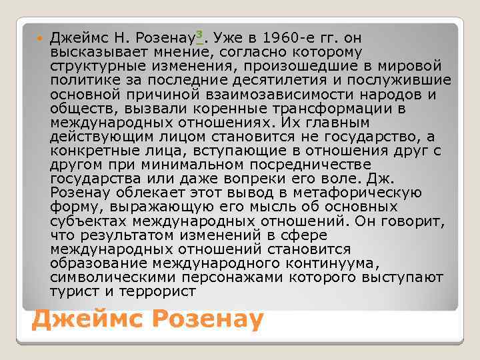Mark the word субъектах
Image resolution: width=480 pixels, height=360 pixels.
[x=91, y=221]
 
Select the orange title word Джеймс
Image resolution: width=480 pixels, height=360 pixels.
[x=87, y=320]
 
